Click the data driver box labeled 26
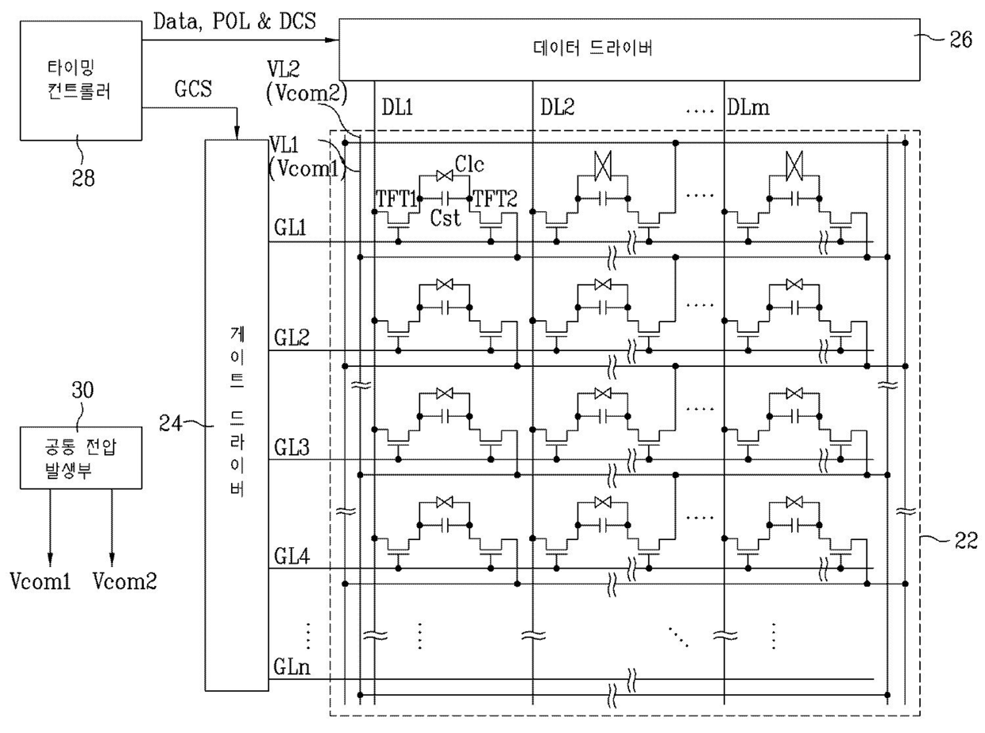(629, 49)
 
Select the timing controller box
(81, 81)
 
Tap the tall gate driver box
(237, 415)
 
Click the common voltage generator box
(81, 457)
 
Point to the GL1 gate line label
(291, 227)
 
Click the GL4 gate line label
(292, 556)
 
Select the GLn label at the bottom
(292, 667)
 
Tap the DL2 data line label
(558, 107)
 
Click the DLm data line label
(747, 107)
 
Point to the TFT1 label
(396, 199)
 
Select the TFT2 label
(495, 199)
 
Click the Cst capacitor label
(446, 218)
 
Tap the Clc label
(469, 164)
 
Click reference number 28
(83, 178)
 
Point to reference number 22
(966, 541)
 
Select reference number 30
(83, 390)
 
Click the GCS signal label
(193, 89)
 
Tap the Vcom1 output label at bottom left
(41, 581)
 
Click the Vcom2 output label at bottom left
(125, 581)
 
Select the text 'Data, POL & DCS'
(234, 21)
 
